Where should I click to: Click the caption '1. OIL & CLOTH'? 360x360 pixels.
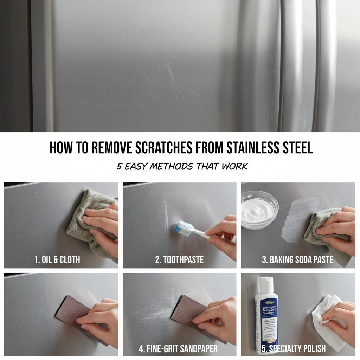tap(57, 260)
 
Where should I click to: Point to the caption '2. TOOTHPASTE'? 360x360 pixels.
tap(179, 260)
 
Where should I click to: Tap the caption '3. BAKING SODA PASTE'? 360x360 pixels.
tap(297, 260)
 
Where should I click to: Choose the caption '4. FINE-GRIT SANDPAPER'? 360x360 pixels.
tap(178, 349)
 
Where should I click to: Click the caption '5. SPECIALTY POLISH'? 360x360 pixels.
tap(294, 349)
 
